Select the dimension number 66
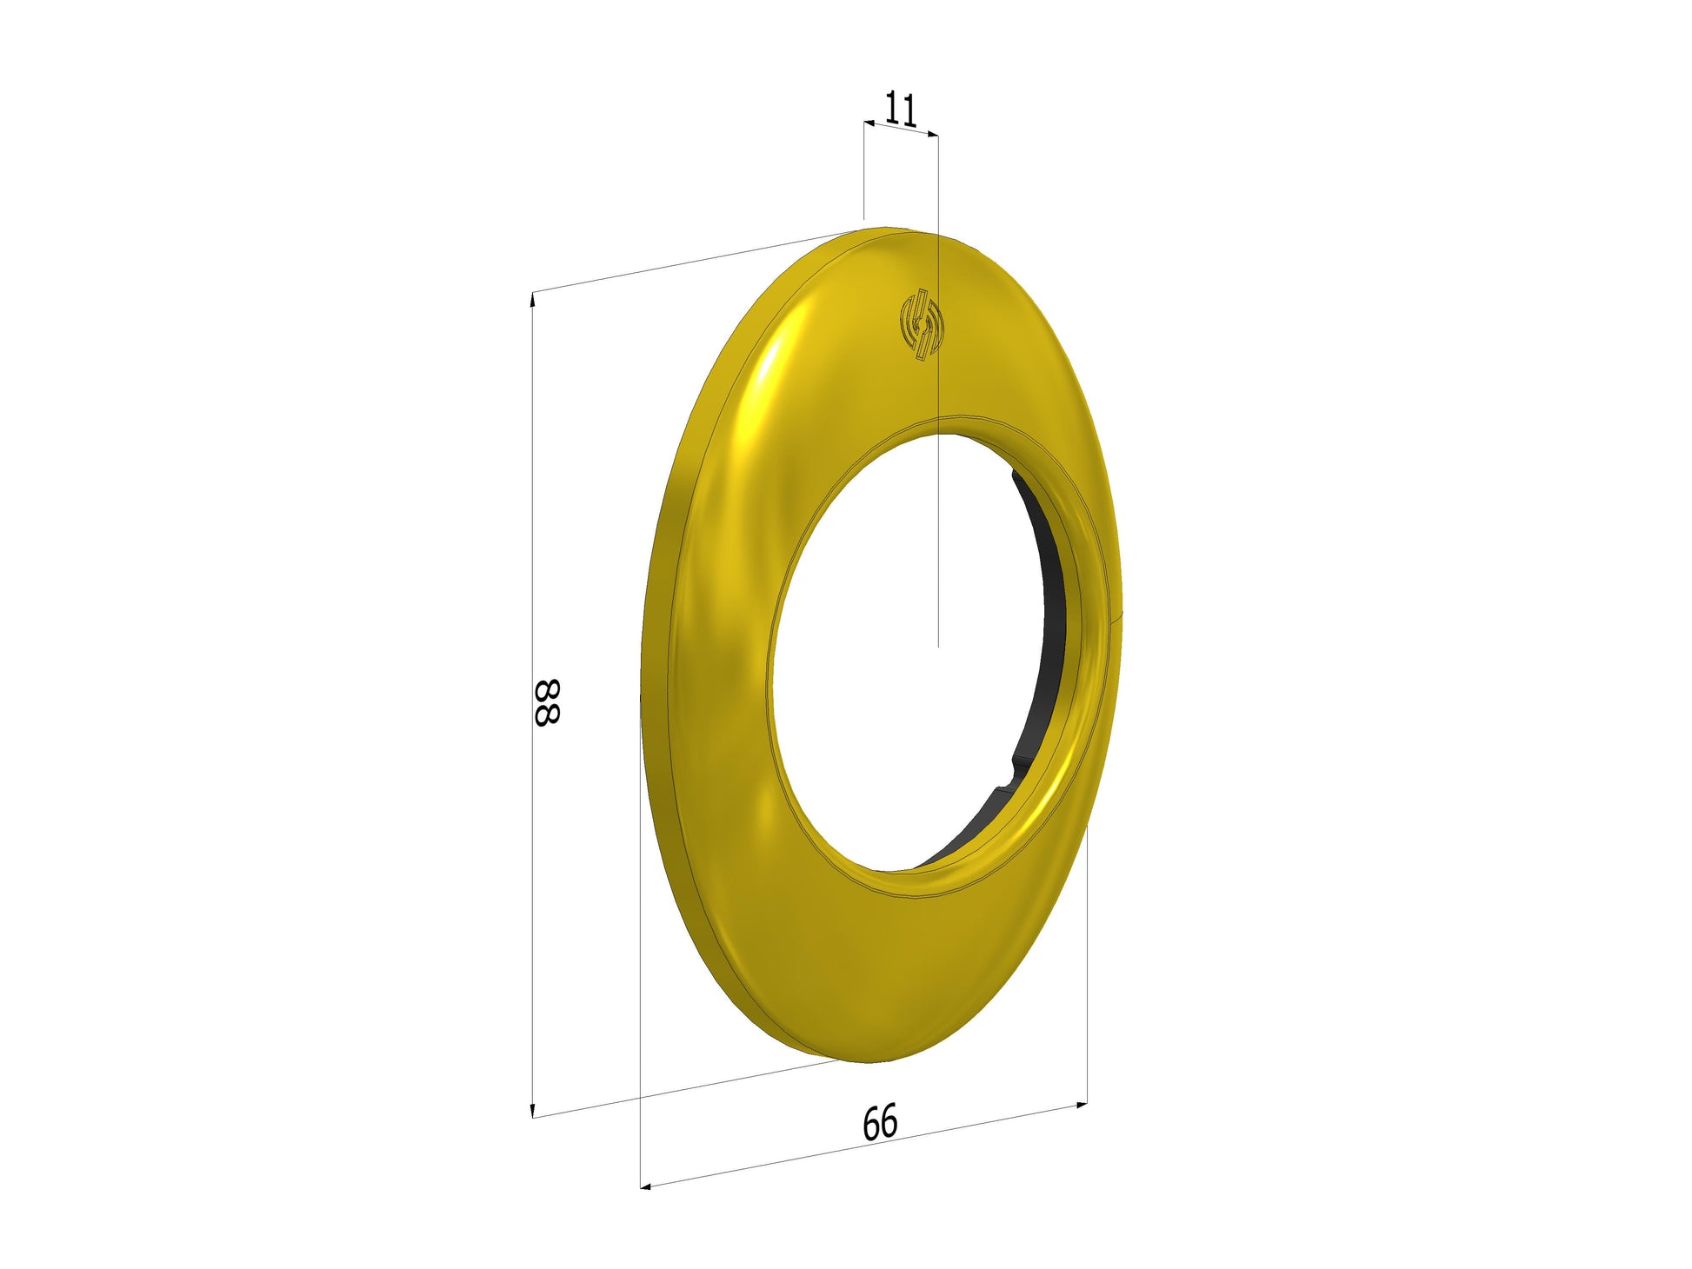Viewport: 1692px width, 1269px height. click(880, 1122)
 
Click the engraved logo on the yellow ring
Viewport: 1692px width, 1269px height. click(921, 323)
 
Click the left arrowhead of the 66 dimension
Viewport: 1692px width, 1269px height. click(646, 1186)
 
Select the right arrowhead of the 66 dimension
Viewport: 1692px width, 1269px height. click(1082, 1106)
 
